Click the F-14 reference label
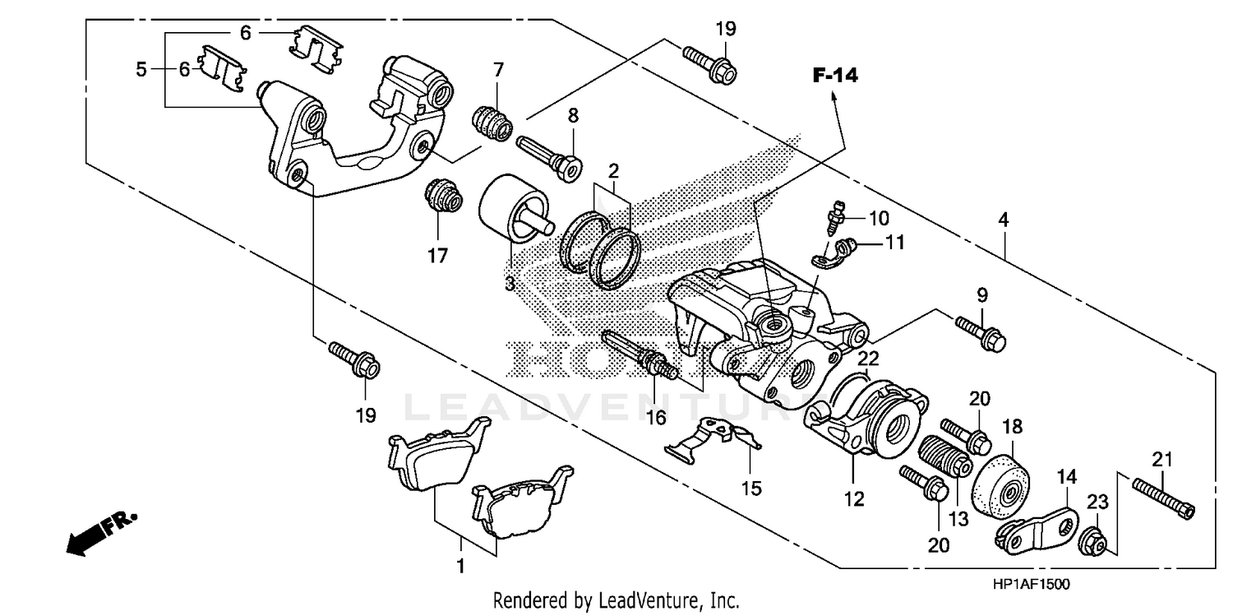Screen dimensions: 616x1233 [835, 76]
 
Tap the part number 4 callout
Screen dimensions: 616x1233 [1003, 220]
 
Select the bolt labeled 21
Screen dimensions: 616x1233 [1162, 498]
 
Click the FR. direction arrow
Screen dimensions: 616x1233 [103, 533]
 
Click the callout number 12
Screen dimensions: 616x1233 [854, 498]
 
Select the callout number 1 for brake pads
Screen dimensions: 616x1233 [461, 566]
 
